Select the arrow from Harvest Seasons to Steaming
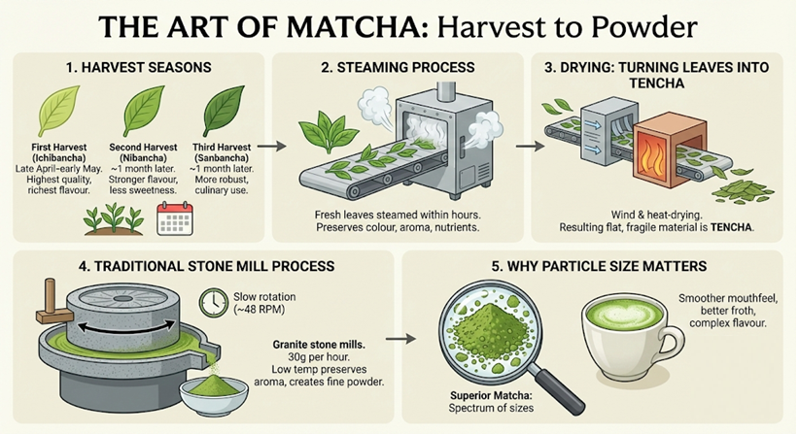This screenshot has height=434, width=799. tap(278, 148)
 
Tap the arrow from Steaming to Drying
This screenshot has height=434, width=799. tap(525, 148)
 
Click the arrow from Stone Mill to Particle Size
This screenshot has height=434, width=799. tap(394, 341)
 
